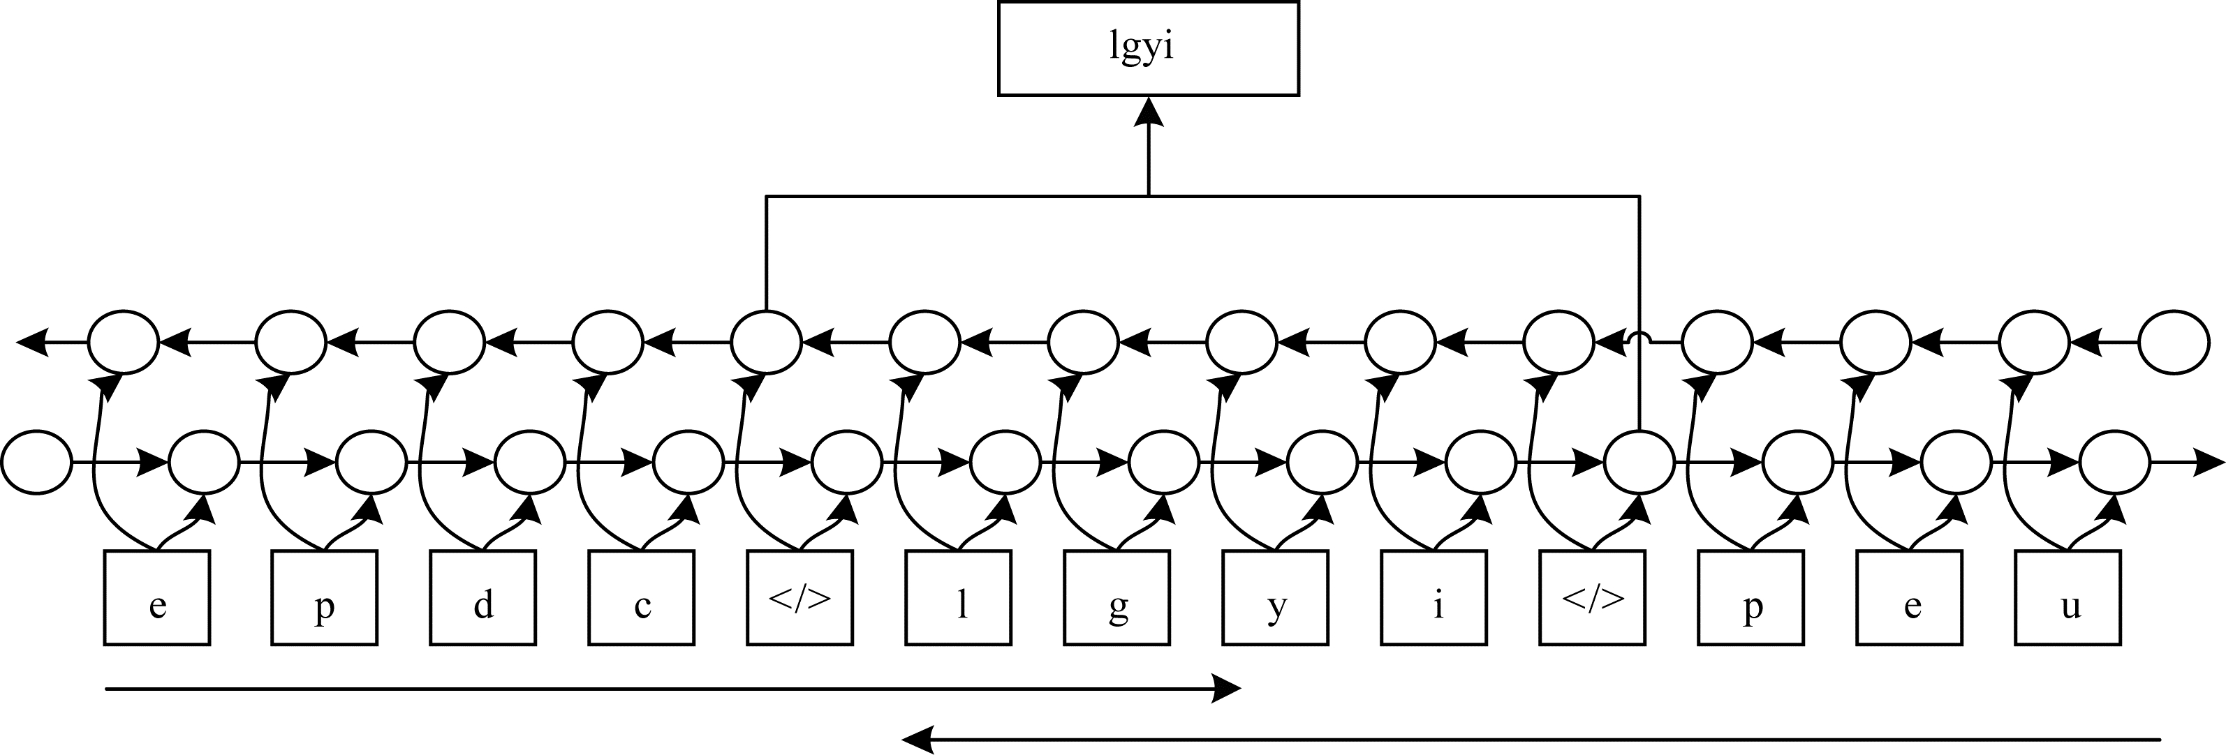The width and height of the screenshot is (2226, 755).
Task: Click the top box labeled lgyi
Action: pos(1148,47)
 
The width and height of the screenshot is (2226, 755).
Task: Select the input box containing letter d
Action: pos(483,598)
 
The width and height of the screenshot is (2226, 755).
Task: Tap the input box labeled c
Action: pos(641,598)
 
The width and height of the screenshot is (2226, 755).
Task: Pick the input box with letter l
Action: pos(958,598)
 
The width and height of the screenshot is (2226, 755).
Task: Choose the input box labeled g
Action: pos(1116,598)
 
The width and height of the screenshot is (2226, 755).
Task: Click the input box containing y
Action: pos(1276,598)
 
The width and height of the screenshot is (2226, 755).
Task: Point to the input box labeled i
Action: pos(1433,598)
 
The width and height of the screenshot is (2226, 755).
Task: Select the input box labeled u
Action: pos(2068,598)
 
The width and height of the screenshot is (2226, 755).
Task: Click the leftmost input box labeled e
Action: pos(156,598)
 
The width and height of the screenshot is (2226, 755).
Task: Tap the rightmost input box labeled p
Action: pos(1750,598)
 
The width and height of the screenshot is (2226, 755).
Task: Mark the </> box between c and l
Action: pos(800,598)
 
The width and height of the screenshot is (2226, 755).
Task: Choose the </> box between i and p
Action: pos(1593,598)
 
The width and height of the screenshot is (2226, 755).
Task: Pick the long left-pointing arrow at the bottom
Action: pos(1530,740)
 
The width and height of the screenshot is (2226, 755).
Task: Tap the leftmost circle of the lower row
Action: pos(36,463)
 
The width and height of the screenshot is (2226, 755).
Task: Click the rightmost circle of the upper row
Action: pos(2174,342)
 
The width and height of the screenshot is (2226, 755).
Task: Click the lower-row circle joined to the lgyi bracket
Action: pos(1639,463)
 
